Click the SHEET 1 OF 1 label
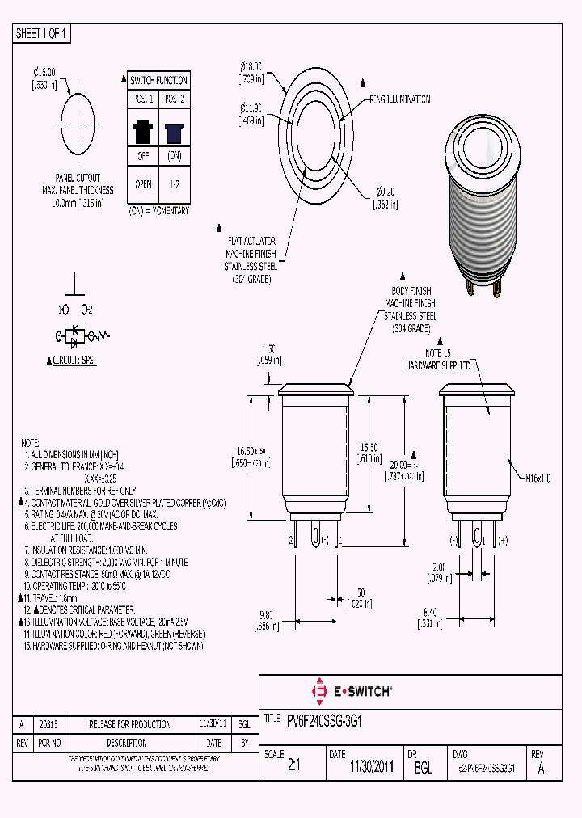42,33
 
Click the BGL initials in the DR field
424,769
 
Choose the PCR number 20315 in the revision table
48,724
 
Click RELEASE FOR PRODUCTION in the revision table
129,724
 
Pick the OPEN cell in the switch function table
143,184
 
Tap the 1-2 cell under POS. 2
174,184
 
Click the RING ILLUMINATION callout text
399,99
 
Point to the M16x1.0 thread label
538,479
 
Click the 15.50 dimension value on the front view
369,447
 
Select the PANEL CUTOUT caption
78,178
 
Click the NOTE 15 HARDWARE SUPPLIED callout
436,360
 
